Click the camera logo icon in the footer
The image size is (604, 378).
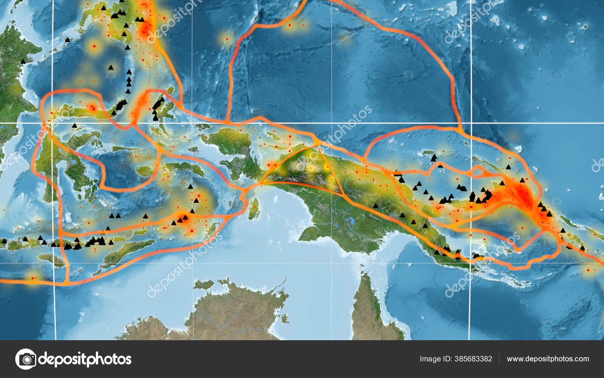26,359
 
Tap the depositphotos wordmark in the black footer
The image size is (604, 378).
85,359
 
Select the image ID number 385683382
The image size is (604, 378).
473,359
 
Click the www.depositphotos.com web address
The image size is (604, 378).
548,359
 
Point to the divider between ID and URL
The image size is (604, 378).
499,359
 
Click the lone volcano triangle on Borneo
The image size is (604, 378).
23,61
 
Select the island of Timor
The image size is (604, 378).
125,251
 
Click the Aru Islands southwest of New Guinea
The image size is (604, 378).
254,208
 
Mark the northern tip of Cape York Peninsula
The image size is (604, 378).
364,278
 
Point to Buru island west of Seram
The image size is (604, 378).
145,171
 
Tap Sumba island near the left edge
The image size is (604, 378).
51,259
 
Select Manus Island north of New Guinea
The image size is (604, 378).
428,153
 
